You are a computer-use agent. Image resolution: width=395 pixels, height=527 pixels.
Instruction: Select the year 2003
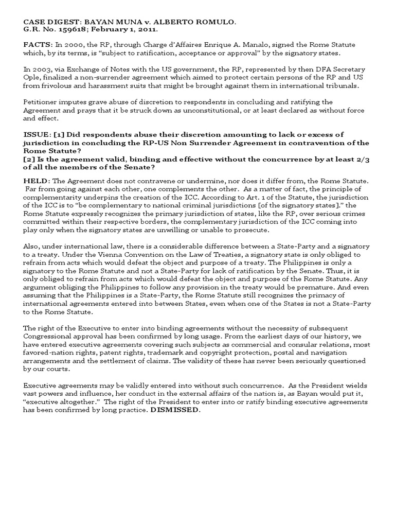pos(42,68)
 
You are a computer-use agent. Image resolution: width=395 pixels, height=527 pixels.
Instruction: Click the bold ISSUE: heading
pos(37,134)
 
